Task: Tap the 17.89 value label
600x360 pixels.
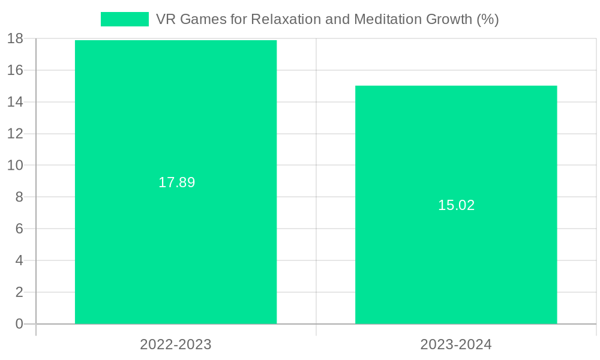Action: [x=176, y=182]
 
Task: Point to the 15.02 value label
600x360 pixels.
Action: [x=456, y=205]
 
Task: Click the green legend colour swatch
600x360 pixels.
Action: [x=124, y=19]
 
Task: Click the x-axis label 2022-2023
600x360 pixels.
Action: [x=176, y=344]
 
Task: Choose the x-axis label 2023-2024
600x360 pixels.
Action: [x=456, y=344]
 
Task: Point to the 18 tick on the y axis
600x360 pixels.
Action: [x=16, y=38]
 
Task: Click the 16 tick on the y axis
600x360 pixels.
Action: [x=16, y=70]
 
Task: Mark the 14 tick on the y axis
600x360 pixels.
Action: [x=16, y=102]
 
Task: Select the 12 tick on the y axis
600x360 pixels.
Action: [x=16, y=134]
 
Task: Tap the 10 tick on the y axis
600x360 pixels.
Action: [x=16, y=165]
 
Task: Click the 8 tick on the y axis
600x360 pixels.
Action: [x=19, y=197]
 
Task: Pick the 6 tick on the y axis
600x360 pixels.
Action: [x=19, y=229]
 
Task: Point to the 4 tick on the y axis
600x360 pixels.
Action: [x=19, y=260]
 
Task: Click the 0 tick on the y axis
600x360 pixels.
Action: [x=19, y=324]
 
